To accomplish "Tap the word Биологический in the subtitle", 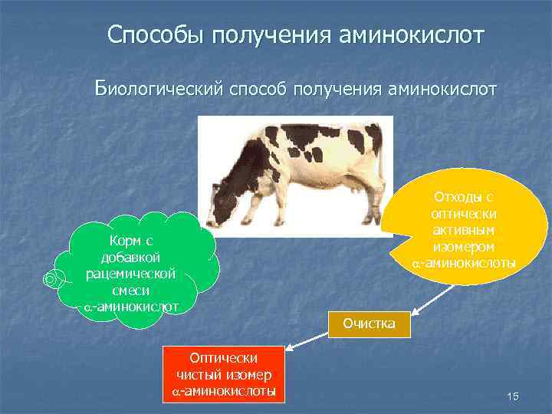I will click(x=158, y=90).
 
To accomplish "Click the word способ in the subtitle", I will click(x=257, y=90).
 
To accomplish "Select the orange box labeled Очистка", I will click(x=369, y=324).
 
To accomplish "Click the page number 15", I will click(x=513, y=396).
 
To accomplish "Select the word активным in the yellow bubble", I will click(x=462, y=231).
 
